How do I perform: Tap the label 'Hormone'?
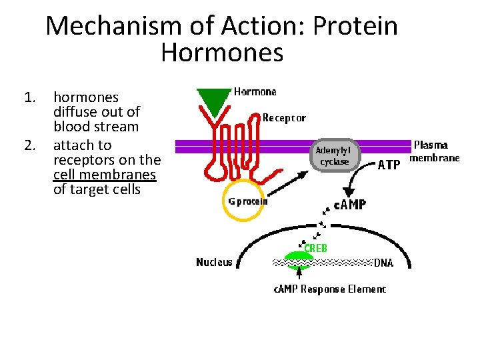point(255,92)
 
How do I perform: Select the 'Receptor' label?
point(284,118)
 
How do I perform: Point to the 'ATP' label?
point(389,164)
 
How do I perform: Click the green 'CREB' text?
point(315,248)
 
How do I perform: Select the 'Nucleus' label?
point(214,262)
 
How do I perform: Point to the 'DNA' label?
point(383,263)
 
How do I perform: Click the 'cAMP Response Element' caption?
point(329,289)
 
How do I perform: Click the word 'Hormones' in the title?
point(222,52)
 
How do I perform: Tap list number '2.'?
point(29,145)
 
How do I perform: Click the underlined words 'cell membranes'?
point(105,175)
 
